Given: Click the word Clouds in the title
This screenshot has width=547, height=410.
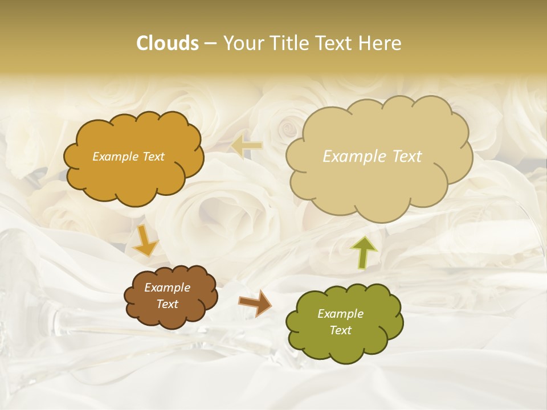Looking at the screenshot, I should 167,43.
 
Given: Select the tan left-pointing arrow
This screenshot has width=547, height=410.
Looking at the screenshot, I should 247,146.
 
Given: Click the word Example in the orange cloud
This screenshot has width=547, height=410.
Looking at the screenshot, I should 115,157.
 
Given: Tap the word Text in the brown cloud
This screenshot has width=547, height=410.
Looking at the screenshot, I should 168,304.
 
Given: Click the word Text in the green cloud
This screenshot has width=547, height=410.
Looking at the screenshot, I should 340,330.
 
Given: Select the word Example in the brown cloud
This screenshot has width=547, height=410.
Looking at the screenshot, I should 168,288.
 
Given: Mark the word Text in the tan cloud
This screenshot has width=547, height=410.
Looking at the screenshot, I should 407,157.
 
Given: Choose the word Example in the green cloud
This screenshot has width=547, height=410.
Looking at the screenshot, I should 340,314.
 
